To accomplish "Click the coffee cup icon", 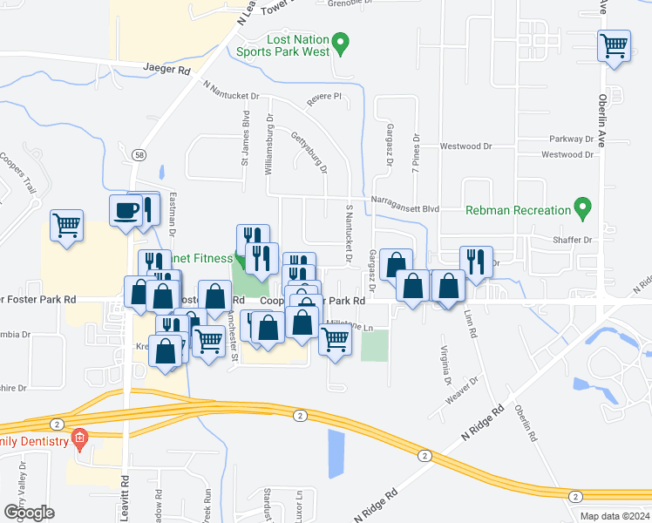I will pos(126,210).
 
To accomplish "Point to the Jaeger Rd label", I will pos(172,68).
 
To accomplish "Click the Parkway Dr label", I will pos(571,139).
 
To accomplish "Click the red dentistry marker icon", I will pos(79,438).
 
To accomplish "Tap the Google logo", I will pos(29,512).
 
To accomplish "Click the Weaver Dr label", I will pos(464,388).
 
